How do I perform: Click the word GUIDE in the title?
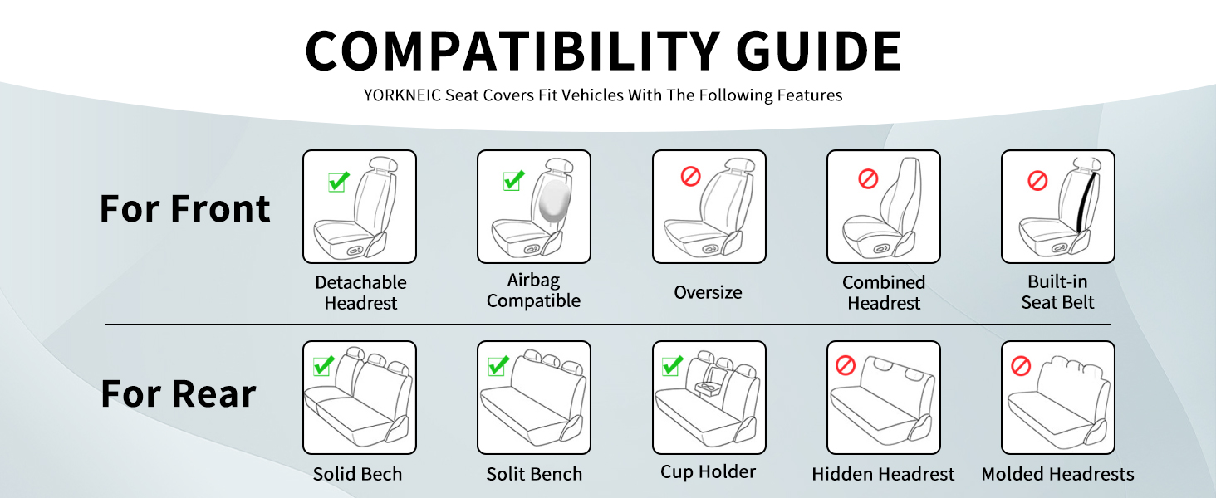pyautogui.click(x=818, y=51)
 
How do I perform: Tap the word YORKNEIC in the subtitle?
pyautogui.click(x=402, y=95)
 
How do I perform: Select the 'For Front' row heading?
pyautogui.click(x=184, y=209)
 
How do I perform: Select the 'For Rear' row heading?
pyautogui.click(x=178, y=394)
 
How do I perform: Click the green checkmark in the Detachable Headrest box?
pyautogui.click(x=339, y=182)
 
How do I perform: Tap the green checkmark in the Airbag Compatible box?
pyautogui.click(x=513, y=181)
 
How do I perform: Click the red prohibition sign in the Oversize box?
pyautogui.click(x=690, y=176)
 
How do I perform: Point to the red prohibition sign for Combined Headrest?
pyautogui.click(x=868, y=178)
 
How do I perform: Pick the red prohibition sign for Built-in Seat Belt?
pyautogui.click(x=1037, y=181)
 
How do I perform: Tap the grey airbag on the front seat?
pyautogui.click(x=555, y=201)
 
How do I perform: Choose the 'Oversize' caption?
pyautogui.click(x=708, y=292)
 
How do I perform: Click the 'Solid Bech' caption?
pyautogui.click(x=357, y=474)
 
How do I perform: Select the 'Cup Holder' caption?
pyautogui.click(x=708, y=472)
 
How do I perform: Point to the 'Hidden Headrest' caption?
pyautogui.click(x=883, y=474)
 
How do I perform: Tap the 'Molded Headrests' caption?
pyautogui.click(x=1057, y=474)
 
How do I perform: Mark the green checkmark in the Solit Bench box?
pyautogui.click(x=498, y=366)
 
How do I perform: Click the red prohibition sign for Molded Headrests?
pyautogui.click(x=1021, y=366)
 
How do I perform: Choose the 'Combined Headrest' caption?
pyautogui.click(x=884, y=293)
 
